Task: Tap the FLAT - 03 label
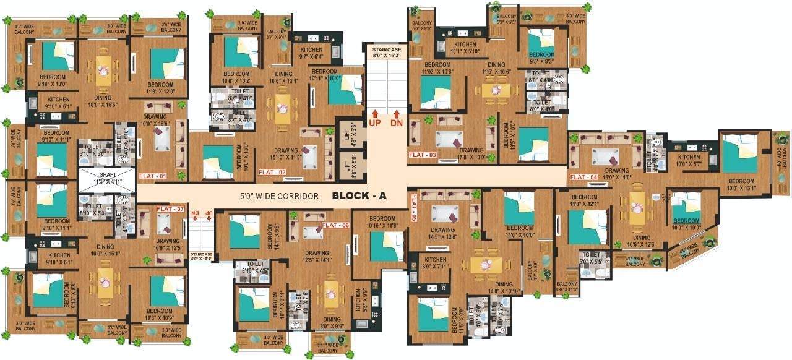423,155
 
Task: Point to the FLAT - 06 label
336,225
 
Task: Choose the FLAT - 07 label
171,209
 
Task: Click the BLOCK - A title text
359,196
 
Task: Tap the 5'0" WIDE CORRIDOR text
280,197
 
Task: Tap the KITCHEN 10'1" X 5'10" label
465,48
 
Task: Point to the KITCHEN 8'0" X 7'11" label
435,263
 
